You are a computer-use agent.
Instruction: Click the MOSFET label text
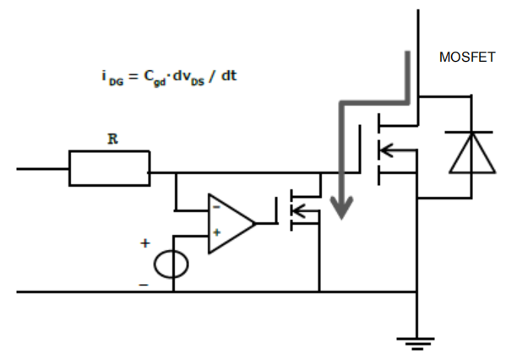467,58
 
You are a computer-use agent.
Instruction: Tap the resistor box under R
109,169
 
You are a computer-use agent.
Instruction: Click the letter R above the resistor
112,139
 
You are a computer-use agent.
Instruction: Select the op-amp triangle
228,223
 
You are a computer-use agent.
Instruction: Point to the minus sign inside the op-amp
216,207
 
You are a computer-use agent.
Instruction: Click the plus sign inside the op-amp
216,232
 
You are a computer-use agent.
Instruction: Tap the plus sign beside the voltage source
144,243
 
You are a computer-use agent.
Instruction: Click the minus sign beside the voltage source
144,285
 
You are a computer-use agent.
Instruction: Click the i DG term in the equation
108,77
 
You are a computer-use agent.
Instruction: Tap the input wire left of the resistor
42,169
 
